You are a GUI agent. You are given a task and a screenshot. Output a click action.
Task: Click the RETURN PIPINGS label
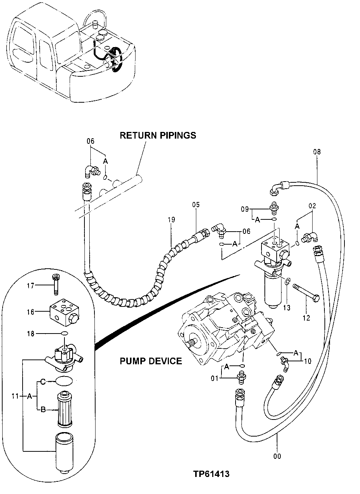(x=158, y=135)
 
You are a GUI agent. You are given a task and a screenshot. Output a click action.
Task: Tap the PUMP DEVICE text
(x=151, y=361)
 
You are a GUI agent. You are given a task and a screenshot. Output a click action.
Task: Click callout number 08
(x=317, y=152)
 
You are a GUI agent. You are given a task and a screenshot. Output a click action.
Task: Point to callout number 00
(x=277, y=456)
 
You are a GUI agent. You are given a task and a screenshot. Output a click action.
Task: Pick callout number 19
(x=171, y=220)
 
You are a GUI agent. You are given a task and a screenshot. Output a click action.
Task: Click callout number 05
(x=196, y=205)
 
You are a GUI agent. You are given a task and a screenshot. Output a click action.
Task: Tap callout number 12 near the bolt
(x=307, y=318)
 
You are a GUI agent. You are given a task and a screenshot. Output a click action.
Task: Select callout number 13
(x=287, y=308)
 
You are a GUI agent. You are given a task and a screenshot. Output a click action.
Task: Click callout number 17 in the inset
(x=30, y=285)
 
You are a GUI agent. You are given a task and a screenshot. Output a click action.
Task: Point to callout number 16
(x=30, y=312)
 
